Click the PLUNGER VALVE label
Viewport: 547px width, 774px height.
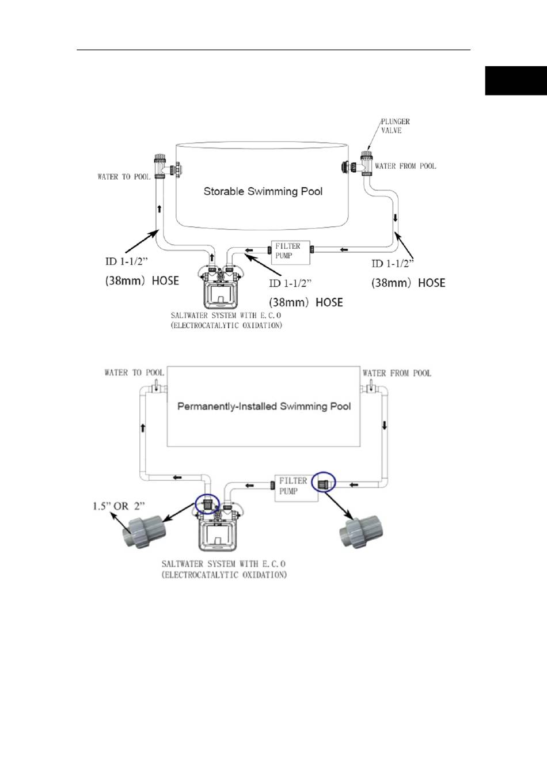(396, 126)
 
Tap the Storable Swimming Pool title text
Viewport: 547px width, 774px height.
(263, 191)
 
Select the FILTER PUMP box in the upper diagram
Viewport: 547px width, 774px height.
(290, 253)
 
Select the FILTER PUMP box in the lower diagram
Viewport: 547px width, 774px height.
(297, 488)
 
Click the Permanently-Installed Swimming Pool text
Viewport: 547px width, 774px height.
(264, 406)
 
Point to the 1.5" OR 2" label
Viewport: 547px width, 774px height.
(119, 507)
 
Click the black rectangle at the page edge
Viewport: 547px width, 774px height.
(516, 81)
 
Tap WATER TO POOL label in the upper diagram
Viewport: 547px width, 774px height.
(124, 177)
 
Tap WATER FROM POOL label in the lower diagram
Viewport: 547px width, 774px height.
(397, 373)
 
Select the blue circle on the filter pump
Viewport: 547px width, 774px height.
(324, 481)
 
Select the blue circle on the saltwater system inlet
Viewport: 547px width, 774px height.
(207, 504)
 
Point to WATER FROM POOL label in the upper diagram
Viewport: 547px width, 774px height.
(405, 166)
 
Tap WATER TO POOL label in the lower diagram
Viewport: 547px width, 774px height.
(134, 373)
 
